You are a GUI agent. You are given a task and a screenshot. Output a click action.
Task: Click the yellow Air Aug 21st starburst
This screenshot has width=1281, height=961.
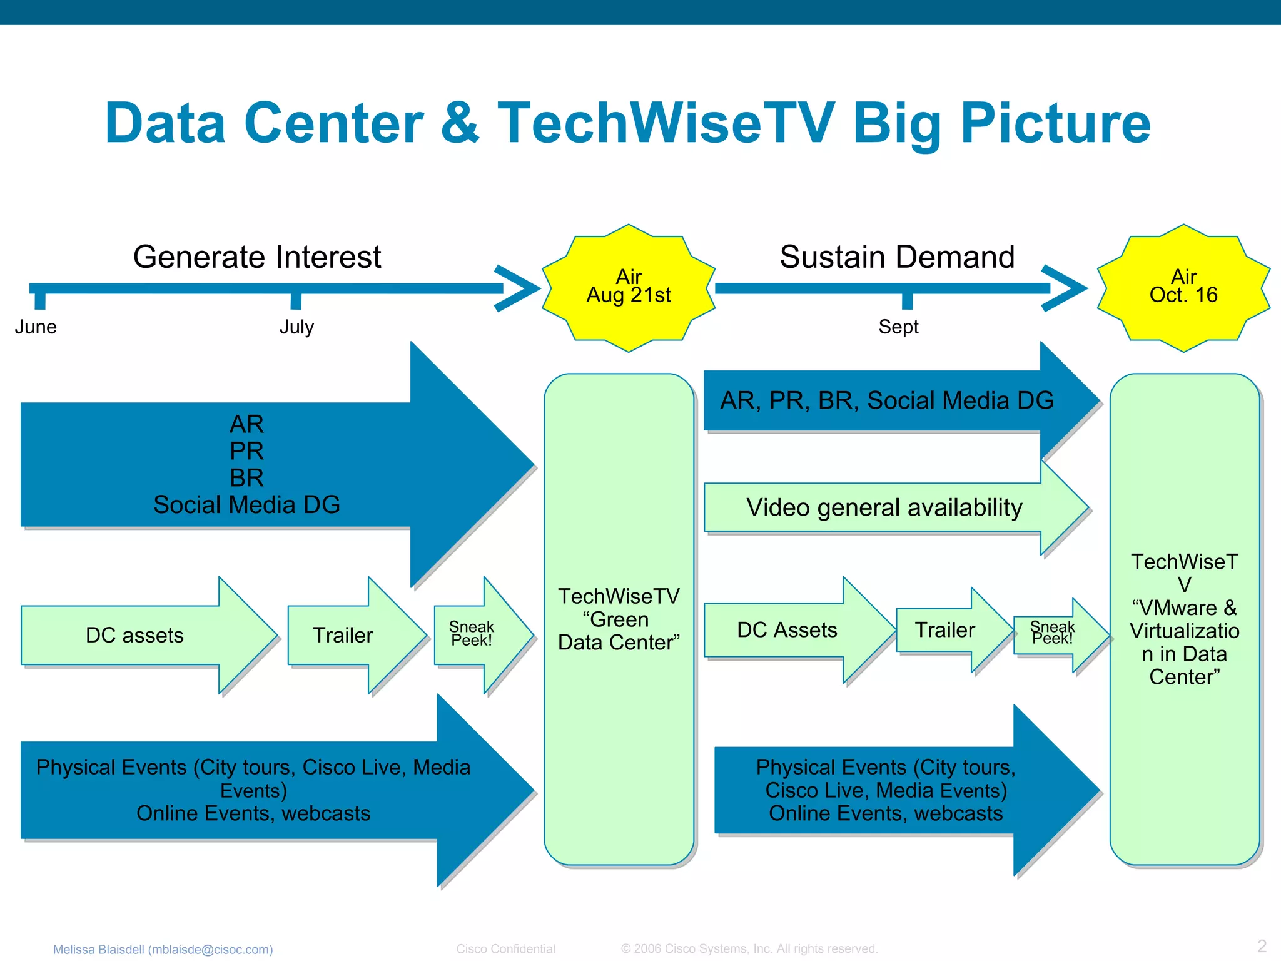coord(628,288)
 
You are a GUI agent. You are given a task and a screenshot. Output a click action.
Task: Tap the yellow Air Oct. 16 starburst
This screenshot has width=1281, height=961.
coord(1183,288)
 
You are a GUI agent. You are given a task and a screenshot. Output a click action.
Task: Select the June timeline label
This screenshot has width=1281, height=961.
coord(36,327)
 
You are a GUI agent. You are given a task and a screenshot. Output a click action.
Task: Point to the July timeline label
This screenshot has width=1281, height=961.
coord(296,327)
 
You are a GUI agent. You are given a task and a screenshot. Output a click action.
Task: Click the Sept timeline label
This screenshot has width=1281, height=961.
coord(898,327)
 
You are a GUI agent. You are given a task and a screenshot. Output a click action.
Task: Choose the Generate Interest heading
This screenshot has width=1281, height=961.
coord(257,257)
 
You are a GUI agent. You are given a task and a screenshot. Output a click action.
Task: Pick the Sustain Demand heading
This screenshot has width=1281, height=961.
coord(897,257)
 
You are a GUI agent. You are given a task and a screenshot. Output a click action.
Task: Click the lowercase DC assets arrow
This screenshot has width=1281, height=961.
coord(134,635)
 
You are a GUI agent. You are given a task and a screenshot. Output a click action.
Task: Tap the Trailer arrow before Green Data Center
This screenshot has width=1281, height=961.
coord(343,635)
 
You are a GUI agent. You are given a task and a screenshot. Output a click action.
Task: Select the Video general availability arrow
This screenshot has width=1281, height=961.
coord(884,507)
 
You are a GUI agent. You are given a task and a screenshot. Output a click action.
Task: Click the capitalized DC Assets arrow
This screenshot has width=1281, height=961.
coord(787,630)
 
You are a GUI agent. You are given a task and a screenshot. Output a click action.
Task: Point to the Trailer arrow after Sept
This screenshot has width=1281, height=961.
coord(944,630)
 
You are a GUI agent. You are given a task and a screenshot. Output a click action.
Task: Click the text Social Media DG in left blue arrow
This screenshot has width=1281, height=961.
coord(246,505)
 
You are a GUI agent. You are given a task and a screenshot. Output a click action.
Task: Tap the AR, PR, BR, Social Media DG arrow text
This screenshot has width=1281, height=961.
coord(887,400)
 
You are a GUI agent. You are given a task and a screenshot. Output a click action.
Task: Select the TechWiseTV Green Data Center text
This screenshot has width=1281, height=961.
coord(619,619)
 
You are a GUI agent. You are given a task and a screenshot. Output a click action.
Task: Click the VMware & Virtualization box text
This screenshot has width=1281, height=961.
coord(1184,619)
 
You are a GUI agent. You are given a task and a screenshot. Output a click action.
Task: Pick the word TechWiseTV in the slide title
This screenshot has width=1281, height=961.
coord(666,123)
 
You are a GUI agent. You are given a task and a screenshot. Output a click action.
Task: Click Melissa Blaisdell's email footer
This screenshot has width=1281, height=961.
coord(163,949)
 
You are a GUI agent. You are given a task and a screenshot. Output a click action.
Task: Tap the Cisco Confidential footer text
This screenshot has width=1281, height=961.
coord(505,948)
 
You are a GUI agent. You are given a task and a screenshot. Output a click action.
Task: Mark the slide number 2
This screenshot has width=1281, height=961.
coord(1262,946)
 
